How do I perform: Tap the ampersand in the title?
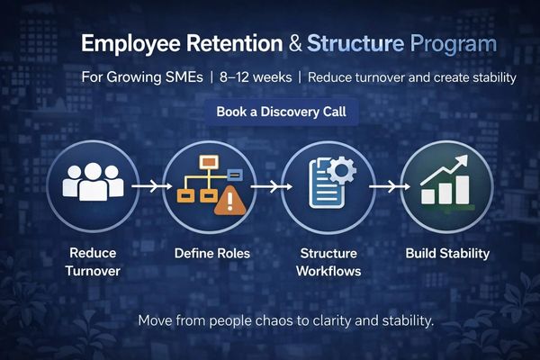[x=294, y=43]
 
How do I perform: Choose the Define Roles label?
[x=211, y=254]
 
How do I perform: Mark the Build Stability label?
[x=447, y=254]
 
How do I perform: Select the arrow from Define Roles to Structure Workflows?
[x=265, y=186]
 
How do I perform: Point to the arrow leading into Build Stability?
[x=384, y=186]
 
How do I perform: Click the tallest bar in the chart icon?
[x=462, y=188]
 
